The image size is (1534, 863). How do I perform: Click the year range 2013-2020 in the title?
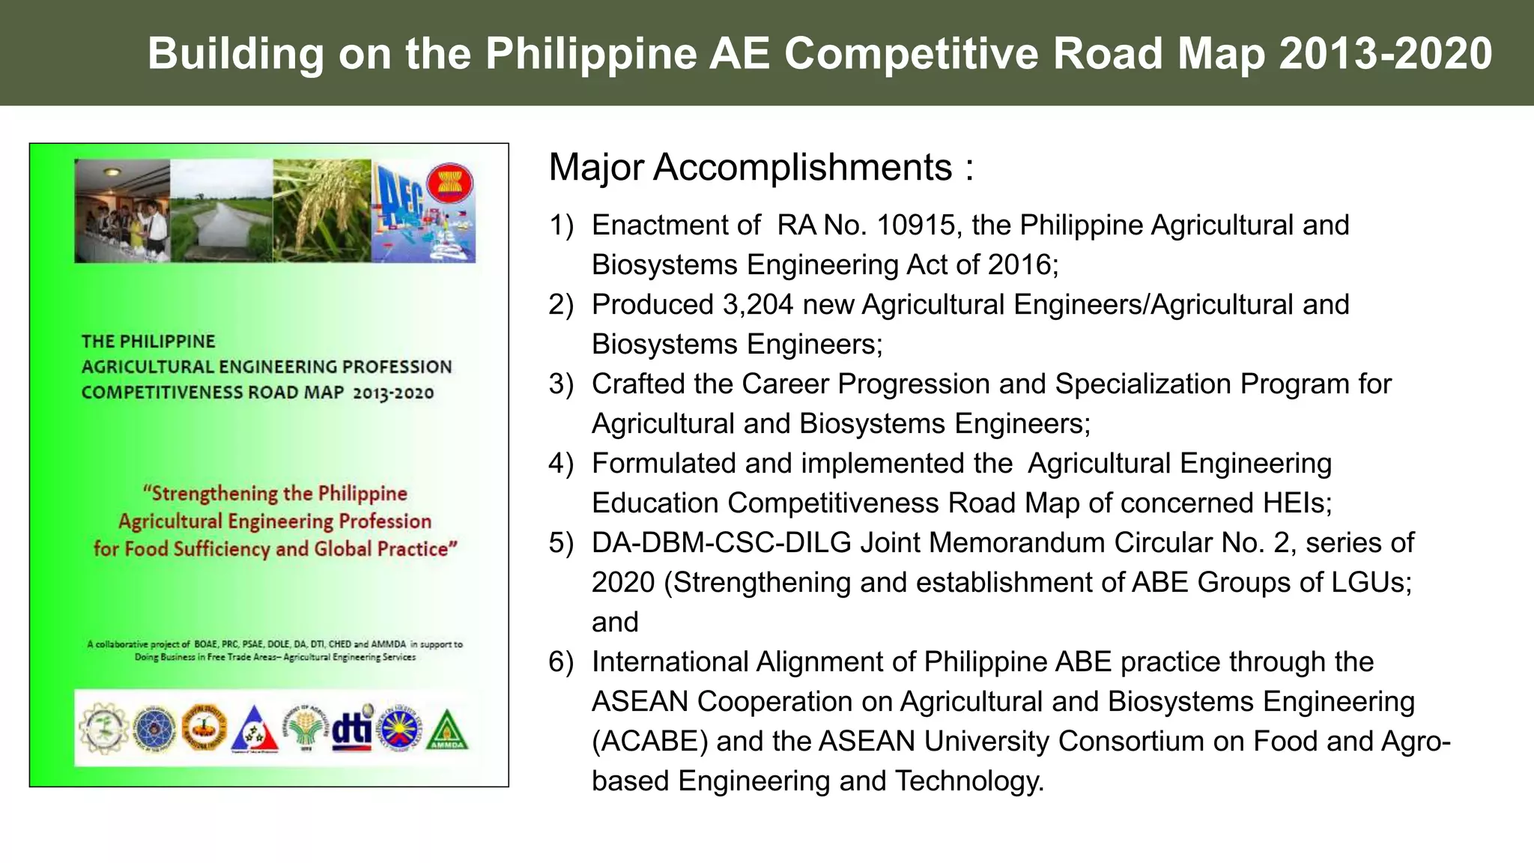pyautogui.click(x=1386, y=54)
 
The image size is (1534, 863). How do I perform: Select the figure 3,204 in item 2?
pyautogui.click(x=755, y=304)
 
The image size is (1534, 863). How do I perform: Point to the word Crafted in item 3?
pyautogui.click(x=638, y=384)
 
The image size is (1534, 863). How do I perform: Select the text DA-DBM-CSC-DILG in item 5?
pyautogui.click(x=721, y=542)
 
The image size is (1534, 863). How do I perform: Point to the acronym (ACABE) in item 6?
pyautogui.click(x=649, y=741)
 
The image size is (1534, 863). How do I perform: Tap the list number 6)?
pyautogui.click(x=561, y=661)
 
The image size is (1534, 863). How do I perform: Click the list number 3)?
pyautogui.click(x=561, y=384)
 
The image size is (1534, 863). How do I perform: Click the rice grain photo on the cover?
pyautogui.click(x=321, y=211)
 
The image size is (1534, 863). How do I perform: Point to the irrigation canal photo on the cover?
pyautogui.click(x=221, y=211)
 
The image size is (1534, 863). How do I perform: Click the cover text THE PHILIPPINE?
pyautogui.click(x=148, y=342)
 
